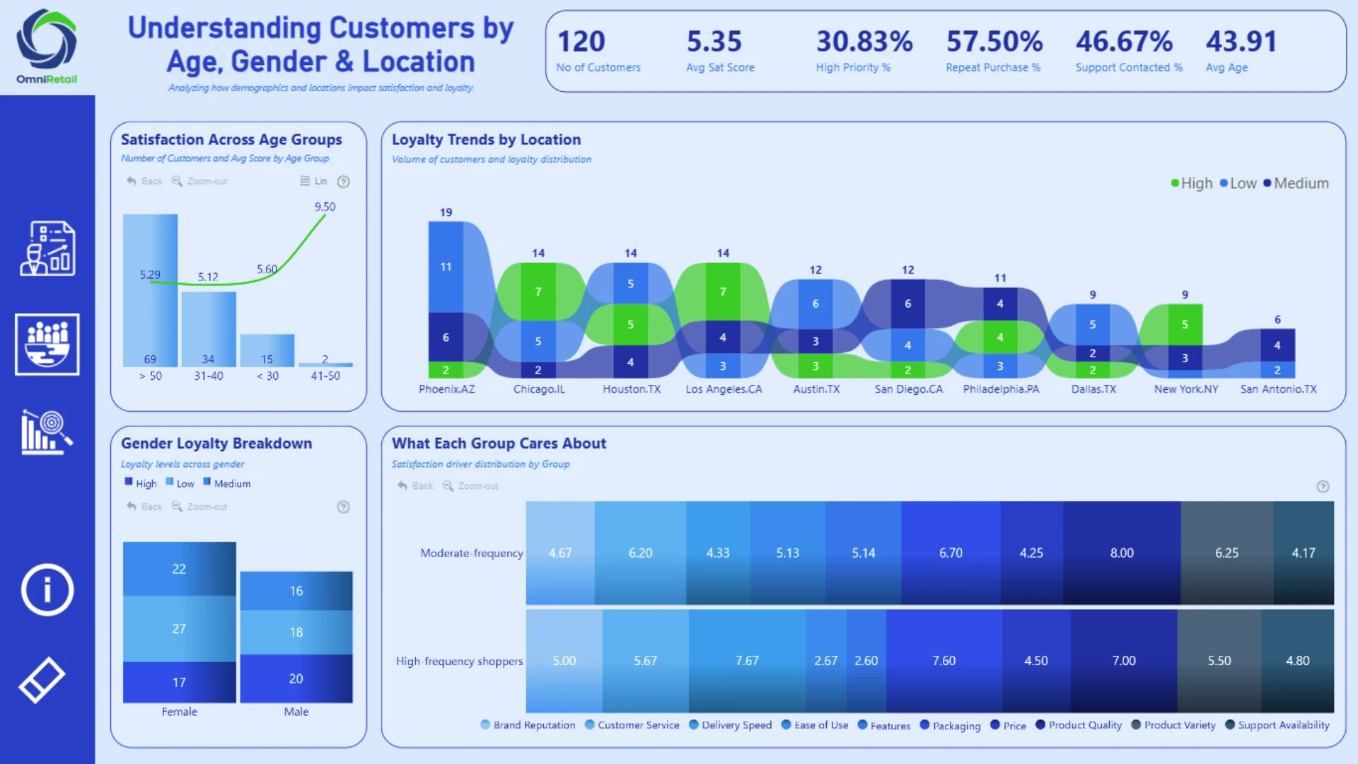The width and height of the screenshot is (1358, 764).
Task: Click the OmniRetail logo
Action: pyautogui.click(x=47, y=47)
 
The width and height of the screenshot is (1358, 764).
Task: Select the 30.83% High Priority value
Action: pyautogui.click(x=864, y=42)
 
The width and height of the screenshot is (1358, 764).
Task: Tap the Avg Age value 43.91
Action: pyautogui.click(x=1241, y=42)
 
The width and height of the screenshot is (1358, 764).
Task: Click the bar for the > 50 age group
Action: pyautogui.click(x=150, y=290)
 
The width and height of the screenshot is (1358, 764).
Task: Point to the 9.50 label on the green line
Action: pyautogui.click(x=325, y=207)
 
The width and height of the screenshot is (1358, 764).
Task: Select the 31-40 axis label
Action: pyautogui.click(x=209, y=376)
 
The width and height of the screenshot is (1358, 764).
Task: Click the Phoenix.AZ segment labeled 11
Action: pyautogui.click(x=446, y=267)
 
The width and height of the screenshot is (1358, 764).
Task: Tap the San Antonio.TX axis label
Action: pyautogui.click(x=1278, y=389)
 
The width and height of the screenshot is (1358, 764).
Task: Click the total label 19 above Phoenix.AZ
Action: pyautogui.click(x=446, y=212)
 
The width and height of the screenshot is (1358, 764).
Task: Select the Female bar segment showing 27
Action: pyautogui.click(x=179, y=629)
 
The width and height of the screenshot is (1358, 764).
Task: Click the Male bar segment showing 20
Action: pyautogui.click(x=296, y=678)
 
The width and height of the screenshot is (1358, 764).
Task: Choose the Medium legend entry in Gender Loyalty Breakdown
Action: pyautogui.click(x=227, y=483)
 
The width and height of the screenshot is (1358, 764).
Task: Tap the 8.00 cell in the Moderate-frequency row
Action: pyautogui.click(x=1122, y=553)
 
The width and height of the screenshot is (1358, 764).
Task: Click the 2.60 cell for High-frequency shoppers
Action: pyautogui.click(x=866, y=661)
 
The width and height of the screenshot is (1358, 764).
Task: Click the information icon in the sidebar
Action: pyautogui.click(x=47, y=590)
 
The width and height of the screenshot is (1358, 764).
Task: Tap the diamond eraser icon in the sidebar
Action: pyautogui.click(x=42, y=680)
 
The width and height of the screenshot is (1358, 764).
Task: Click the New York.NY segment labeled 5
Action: pyautogui.click(x=1185, y=325)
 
